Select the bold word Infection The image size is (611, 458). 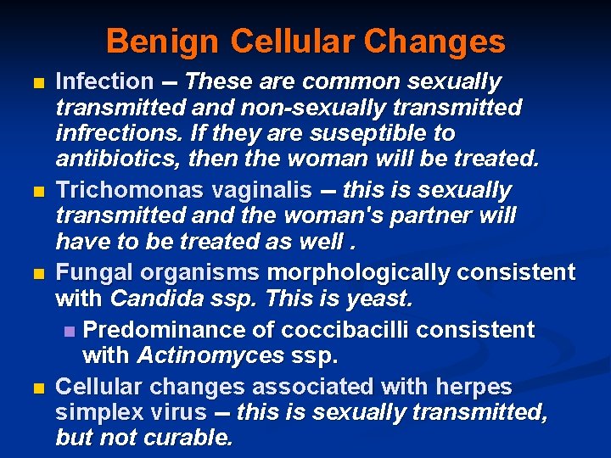(x=104, y=82)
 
